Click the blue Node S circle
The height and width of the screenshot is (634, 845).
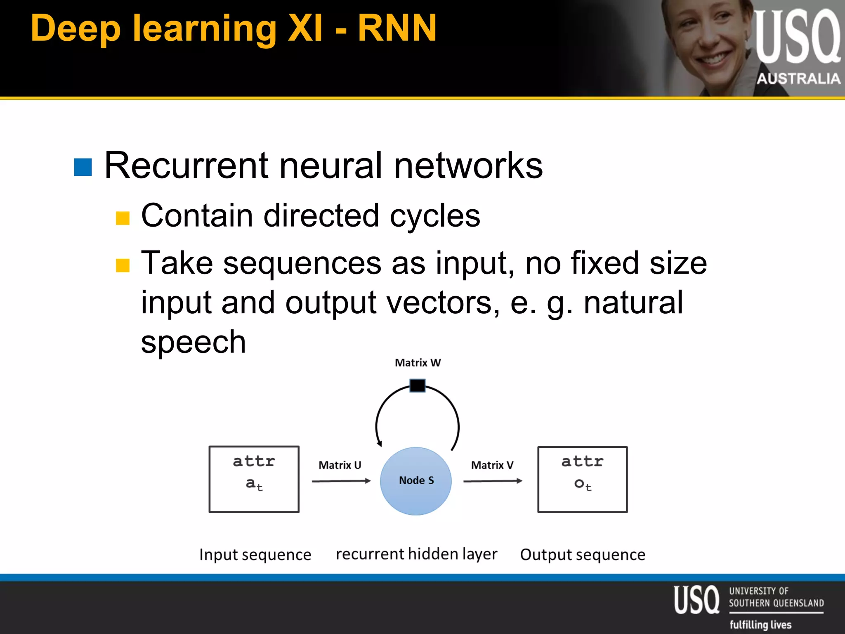(415, 481)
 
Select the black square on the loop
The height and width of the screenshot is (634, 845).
(417, 386)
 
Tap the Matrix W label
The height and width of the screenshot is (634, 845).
(418, 363)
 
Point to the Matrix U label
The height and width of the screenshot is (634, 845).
(340, 465)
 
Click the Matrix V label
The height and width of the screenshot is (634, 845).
(492, 465)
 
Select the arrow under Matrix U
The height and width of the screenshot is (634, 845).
(341, 481)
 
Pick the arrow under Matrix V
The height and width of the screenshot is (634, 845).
(493, 481)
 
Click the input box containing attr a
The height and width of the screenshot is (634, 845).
(254, 479)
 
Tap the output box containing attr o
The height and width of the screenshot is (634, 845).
(582, 479)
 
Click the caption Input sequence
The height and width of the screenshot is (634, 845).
(255, 554)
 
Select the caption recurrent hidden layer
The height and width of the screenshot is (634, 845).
(416, 554)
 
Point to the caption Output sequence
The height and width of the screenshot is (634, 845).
(583, 554)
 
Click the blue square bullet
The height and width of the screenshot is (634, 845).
(83, 167)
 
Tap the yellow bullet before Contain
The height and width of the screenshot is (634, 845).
(123, 218)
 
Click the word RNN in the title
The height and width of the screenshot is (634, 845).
(397, 28)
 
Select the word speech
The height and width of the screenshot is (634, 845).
(193, 342)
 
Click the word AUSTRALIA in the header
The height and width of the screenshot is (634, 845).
(798, 78)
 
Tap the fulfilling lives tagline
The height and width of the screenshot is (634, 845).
(760, 625)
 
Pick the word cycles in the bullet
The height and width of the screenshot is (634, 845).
(435, 216)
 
